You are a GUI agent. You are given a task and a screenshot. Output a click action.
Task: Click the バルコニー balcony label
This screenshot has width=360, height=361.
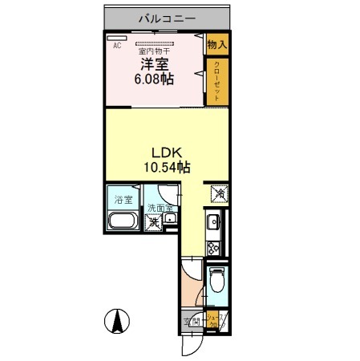click(168, 17)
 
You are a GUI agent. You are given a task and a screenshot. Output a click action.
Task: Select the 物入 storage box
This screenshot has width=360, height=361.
click(216, 45)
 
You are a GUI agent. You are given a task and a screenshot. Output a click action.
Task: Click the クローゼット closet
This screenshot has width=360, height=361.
click(216, 80)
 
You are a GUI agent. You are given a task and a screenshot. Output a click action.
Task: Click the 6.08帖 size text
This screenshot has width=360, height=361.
click(154, 80)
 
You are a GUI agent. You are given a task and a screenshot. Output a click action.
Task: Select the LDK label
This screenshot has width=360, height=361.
click(167, 153)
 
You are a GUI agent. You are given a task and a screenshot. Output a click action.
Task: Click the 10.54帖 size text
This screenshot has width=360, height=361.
click(167, 168)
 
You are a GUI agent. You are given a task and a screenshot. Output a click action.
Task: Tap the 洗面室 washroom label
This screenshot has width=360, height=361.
click(159, 209)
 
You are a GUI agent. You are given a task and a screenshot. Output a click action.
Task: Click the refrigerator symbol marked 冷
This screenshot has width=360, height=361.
click(217, 193)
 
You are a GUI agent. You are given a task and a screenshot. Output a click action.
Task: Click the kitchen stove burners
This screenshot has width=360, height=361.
click(214, 245)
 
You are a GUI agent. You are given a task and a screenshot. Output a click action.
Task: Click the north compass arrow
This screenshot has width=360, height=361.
click(117, 323)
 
